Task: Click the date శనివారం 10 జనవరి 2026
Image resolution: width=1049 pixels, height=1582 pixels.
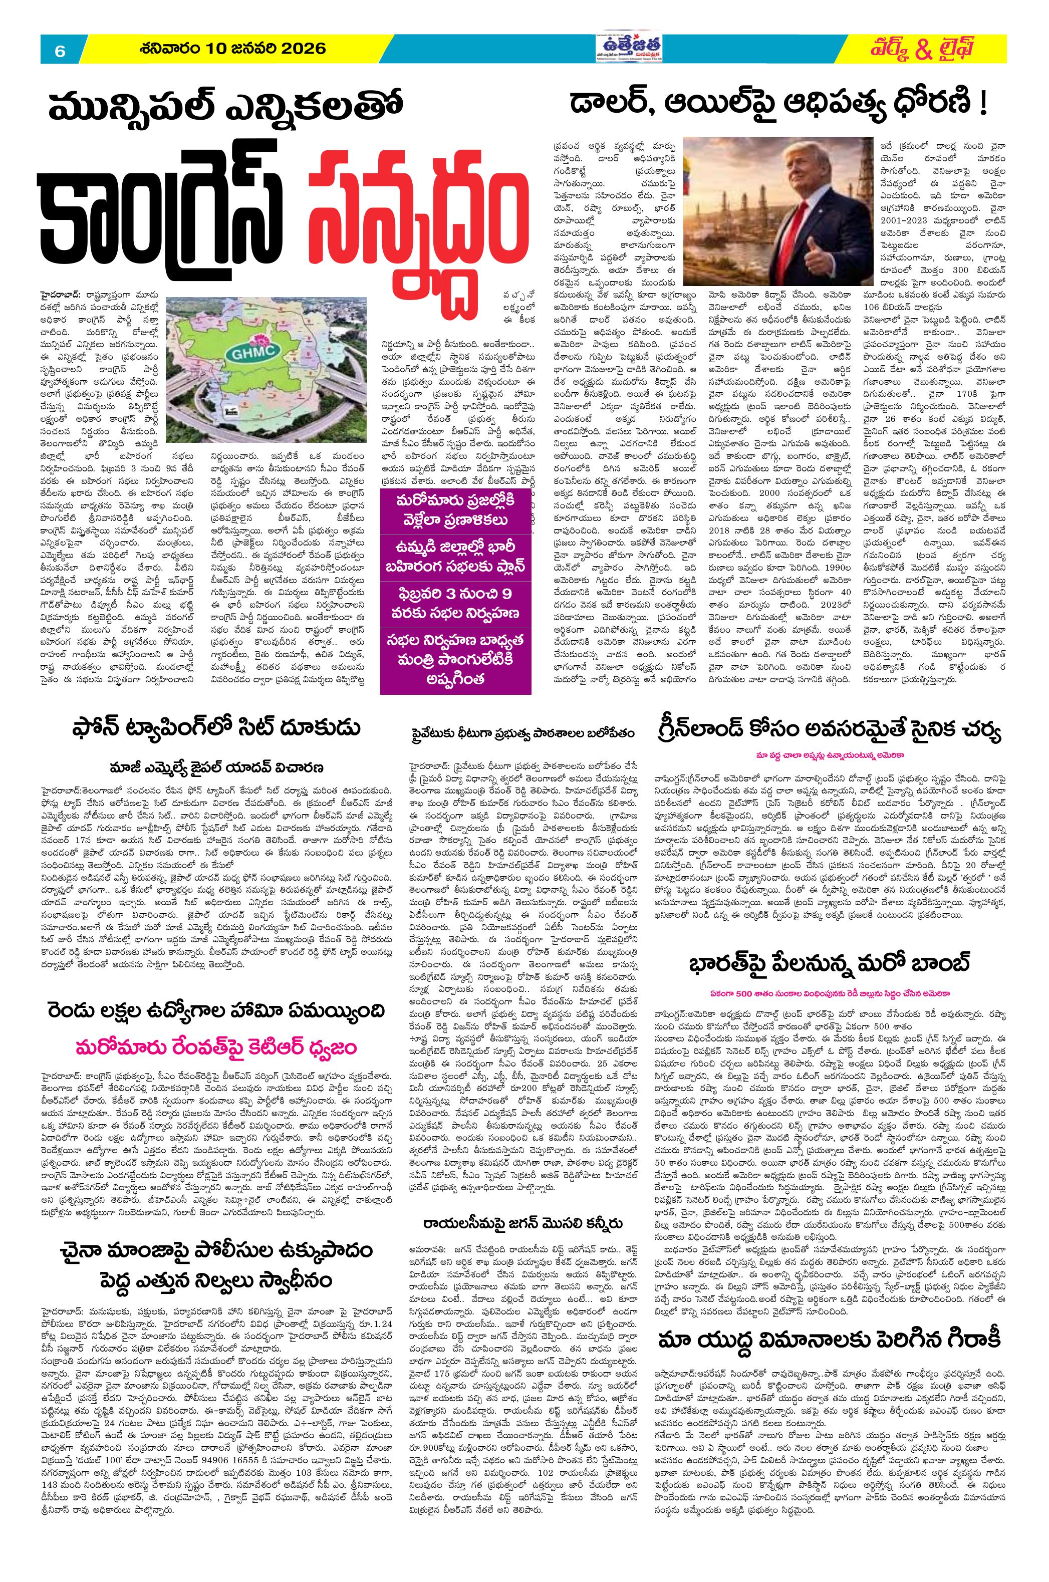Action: (233, 49)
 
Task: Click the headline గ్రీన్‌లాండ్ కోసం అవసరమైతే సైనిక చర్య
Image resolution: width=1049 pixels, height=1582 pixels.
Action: (827, 733)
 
